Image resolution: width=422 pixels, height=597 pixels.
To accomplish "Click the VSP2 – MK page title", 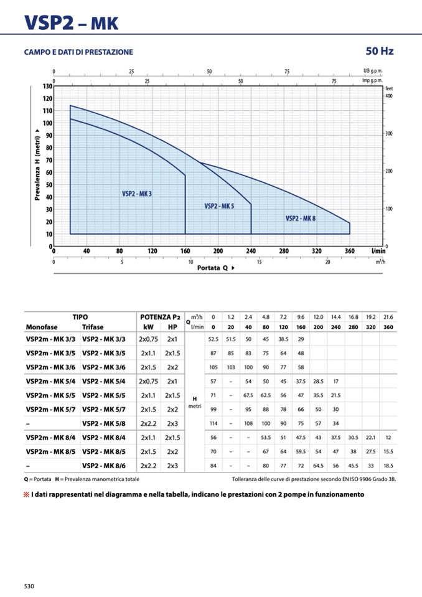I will (x=71, y=23).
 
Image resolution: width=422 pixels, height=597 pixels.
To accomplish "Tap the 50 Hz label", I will (x=380, y=51).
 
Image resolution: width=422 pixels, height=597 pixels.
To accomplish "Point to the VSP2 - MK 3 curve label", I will (x=137, y=194).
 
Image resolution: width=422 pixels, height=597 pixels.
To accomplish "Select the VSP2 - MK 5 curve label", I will (x=219, y=206).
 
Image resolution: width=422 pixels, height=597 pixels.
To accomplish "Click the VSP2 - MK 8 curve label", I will (x=301, y=219).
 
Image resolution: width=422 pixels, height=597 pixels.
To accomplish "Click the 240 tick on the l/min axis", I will (x=251, y=251).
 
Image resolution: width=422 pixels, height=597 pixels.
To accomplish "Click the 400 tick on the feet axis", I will (x=390, y=96).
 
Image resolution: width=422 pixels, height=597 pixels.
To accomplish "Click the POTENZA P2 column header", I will (x=160, y=317).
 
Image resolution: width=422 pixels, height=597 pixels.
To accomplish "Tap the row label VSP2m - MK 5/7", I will (x=50, y=409).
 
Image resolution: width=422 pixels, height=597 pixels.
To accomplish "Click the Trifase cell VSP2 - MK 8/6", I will (x=104, y=465).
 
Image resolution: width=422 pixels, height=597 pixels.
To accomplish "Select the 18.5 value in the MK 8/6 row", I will (x=388, y=465).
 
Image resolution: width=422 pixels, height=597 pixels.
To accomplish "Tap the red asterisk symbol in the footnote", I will (x=27, y=494).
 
